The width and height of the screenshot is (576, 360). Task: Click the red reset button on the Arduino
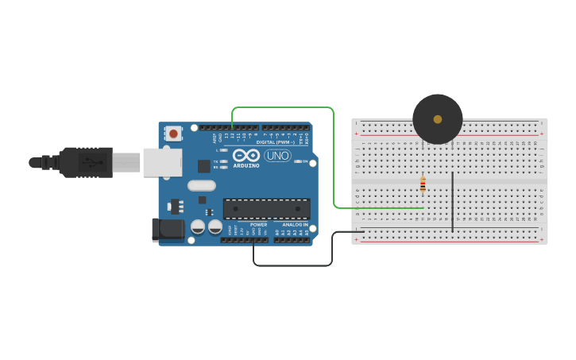click(x=173, y=134)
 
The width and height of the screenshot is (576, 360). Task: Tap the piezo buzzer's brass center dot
click(x=438, y=119)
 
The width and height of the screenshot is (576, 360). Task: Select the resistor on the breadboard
click(x=423, y=185)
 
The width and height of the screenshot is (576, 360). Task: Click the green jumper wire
click(x=334, y=159)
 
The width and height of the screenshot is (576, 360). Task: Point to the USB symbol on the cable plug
click(x=93, y=162)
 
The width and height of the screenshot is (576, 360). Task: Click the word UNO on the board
click(x=277, y=156)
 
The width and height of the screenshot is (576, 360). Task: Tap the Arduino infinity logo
click(x=245, y=156)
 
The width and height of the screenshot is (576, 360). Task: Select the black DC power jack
click(x=164, y=230)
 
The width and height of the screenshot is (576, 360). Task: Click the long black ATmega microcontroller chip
click(x=266, y=209)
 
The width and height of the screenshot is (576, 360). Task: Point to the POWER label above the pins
click(x=259, y=225)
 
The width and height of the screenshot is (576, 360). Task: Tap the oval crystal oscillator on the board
click(x=202, y=186)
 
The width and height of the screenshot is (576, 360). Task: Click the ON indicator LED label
click(x=304, y=161)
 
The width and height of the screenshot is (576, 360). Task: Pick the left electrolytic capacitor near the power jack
click(x=198, y=227)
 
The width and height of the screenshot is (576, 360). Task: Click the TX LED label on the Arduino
click(x=215, y=161)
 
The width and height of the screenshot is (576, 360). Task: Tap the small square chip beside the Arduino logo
click(x=204, y=166)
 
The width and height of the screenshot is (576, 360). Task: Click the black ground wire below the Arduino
click(x=294, y=265)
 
